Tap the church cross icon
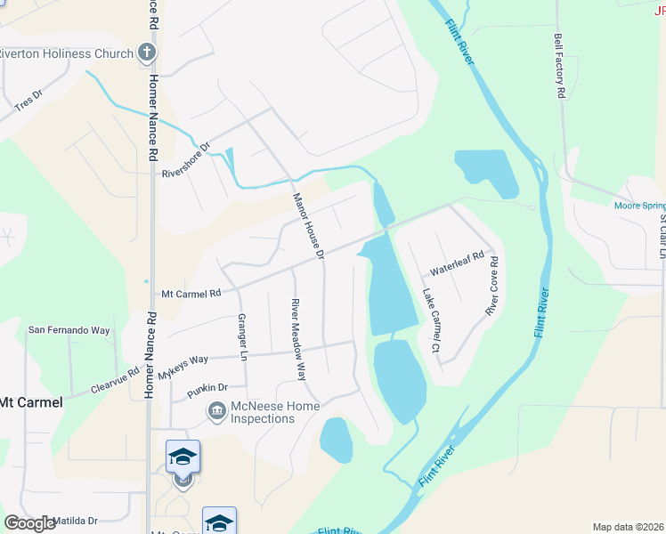148,53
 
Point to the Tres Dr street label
28,100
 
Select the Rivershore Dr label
185,161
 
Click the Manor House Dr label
308,227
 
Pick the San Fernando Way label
69,330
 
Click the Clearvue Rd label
115,382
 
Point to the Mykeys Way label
183,366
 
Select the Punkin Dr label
207,389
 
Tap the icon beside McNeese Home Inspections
216,410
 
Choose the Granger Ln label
241,337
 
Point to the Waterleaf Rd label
456,263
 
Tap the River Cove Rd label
491,287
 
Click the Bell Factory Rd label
560,66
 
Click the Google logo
30,523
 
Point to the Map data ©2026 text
628,527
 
